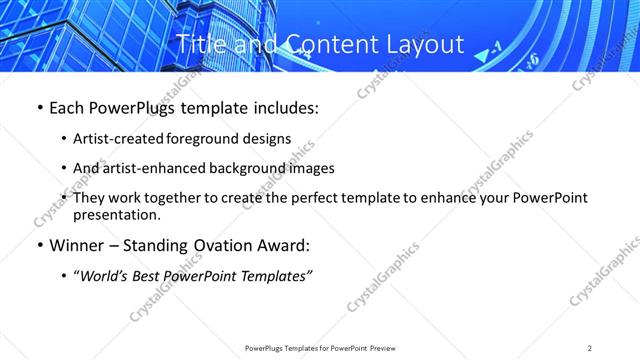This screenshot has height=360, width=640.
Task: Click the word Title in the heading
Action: point(200,45)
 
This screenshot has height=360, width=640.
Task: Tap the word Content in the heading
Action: point(322,45)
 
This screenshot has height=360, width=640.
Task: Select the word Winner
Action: point(78,246)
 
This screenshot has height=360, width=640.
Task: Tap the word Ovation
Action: point(226,246)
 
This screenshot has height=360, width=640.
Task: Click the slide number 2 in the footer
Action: point(590,347)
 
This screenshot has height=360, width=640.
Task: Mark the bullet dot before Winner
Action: point(39,246)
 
